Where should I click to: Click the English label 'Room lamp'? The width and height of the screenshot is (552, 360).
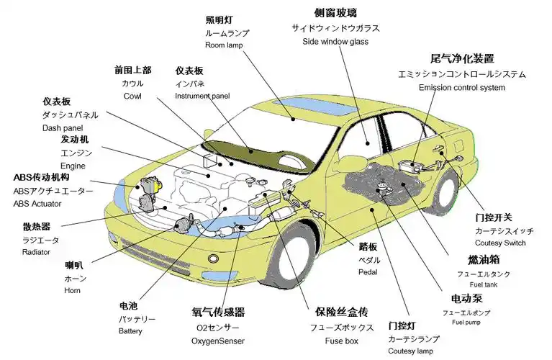coord(224,45)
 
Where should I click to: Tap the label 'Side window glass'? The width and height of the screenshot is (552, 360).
coord(335,42)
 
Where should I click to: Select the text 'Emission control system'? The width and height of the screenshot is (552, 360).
coord(461,88)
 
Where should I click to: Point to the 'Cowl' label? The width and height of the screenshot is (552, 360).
coord(132,96)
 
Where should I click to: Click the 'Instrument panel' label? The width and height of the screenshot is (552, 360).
coord(202,96)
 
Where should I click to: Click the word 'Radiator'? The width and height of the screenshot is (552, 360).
coord(36,252)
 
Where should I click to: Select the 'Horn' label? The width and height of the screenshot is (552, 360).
coord(72,290)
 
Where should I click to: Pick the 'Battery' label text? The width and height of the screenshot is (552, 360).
coord(130,330)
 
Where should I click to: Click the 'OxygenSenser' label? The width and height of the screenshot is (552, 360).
coord(217,341)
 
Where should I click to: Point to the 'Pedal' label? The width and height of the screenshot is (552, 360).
coord(368,272)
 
